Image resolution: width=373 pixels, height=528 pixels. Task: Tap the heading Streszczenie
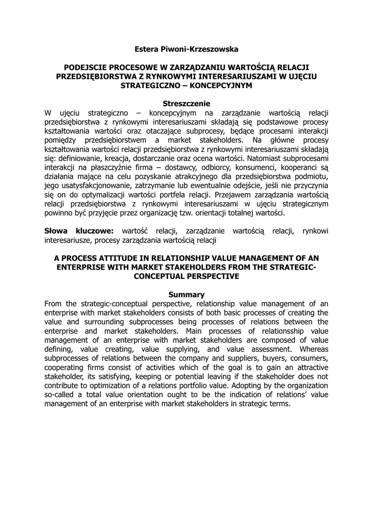(x=186, y=103)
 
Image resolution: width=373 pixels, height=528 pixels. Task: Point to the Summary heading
(x=186, y=294)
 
